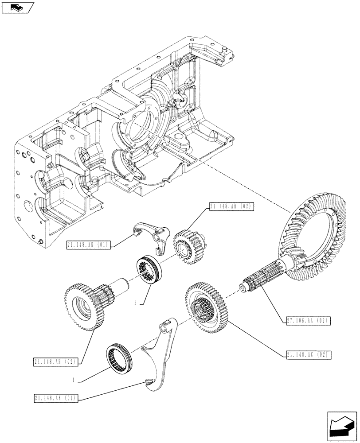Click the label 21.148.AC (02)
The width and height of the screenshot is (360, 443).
[x=307, y=355]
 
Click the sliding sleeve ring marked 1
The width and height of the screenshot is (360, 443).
[x=120, y=357]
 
